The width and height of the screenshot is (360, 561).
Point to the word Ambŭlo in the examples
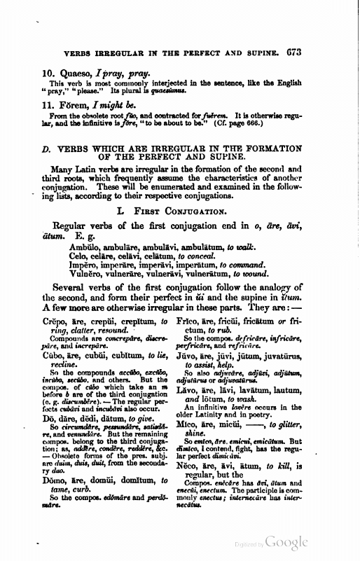point(74,247)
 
